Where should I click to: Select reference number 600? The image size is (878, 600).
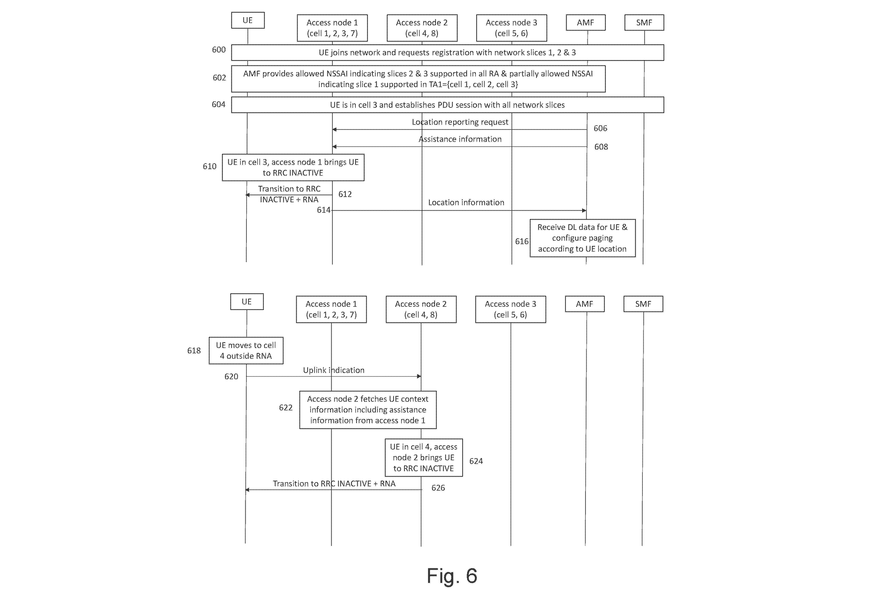219,50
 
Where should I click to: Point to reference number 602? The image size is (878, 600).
219,78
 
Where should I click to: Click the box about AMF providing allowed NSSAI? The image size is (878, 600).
418,79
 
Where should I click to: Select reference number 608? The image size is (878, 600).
601,147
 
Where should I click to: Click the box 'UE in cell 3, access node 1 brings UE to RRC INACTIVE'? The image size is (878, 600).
293,167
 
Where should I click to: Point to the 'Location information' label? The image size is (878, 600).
466,202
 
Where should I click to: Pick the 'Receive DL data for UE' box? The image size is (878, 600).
583,238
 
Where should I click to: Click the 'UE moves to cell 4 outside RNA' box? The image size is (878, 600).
246,351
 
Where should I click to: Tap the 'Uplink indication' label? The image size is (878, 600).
334,370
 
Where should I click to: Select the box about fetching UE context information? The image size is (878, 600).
368,410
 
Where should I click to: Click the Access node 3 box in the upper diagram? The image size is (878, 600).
512,28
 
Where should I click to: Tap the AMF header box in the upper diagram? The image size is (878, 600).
586,23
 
